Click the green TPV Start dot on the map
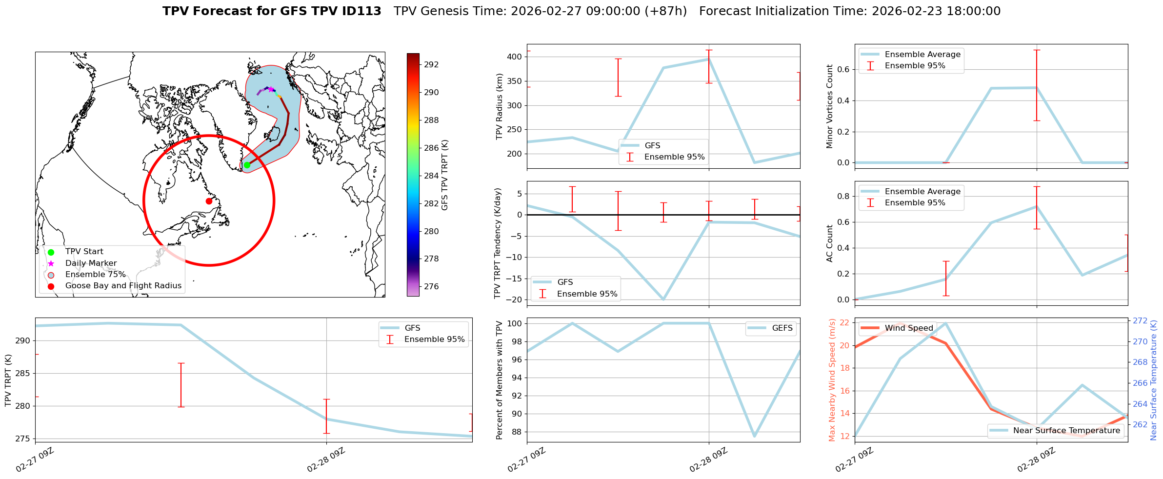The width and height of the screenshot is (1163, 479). pos(247,165)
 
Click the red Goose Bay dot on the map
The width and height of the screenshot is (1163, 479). pos(209,201)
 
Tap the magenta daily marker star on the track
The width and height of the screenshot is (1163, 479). pos(271,89)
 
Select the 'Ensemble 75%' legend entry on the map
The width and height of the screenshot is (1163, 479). pos(95,275)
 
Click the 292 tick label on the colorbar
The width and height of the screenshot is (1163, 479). pos(431,64)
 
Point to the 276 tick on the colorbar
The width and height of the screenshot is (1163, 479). pos(431,286)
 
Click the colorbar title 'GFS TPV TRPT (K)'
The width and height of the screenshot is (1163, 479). pos(444,175)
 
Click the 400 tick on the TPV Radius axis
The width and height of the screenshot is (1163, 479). pos(515,57)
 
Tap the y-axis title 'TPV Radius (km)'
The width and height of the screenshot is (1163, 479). pos(499,106)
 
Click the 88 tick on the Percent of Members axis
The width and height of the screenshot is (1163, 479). pos(517,432)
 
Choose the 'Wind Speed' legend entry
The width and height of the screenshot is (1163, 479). pos(908,328)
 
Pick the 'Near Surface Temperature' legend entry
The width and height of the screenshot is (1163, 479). pos(1066,430)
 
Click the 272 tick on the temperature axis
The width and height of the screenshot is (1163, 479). pos(1140,320)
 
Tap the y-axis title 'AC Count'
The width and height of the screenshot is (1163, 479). pos(830,243)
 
